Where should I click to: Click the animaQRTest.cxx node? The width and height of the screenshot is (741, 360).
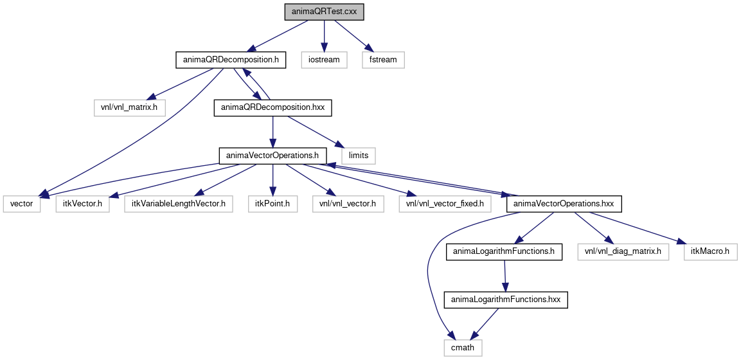pyautogui.click(x=325, y=12)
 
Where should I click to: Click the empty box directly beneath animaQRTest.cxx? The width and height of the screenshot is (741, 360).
pyautogui.click(x=324, y=60)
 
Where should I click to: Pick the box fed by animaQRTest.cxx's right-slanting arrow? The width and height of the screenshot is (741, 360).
pyautogui.click(x=383, y=60)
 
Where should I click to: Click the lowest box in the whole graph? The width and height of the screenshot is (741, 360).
pyautogui.click(x=463, y=348)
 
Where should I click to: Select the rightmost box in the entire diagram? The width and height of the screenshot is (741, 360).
pyautogui.click(x=710, y=252)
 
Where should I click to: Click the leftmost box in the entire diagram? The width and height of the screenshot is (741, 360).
pyautogui.click(x=22, y=204)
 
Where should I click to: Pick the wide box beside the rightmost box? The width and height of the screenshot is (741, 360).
pyautogui.click(x=623, y=252)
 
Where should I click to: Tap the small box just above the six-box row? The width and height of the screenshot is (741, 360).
pyautogui.click(x=358, y=156)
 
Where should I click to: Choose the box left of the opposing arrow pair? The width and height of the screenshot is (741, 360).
pyautogui.click(x=130, y=108)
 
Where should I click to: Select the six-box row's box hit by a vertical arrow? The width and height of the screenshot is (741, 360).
pyautogui.click(x=273, y=204)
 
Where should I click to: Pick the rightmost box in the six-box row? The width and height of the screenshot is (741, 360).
pyautogui.click(x=445, y=204)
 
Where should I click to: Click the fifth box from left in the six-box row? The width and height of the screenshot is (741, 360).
pyautogui.click(x=348, y=204)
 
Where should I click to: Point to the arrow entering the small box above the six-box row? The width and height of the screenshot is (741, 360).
pyautogui.click(x=315, y=131)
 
